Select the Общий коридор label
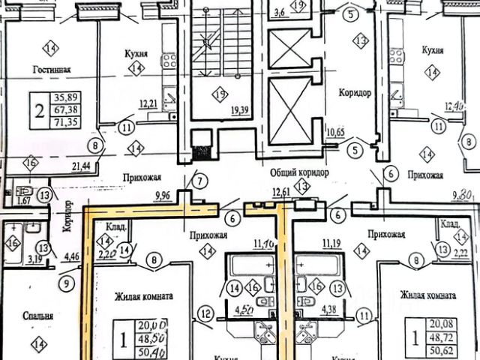[x=299, y=172]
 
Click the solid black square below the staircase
[x=200, y=149]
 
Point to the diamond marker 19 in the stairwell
[x=219, y=94]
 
